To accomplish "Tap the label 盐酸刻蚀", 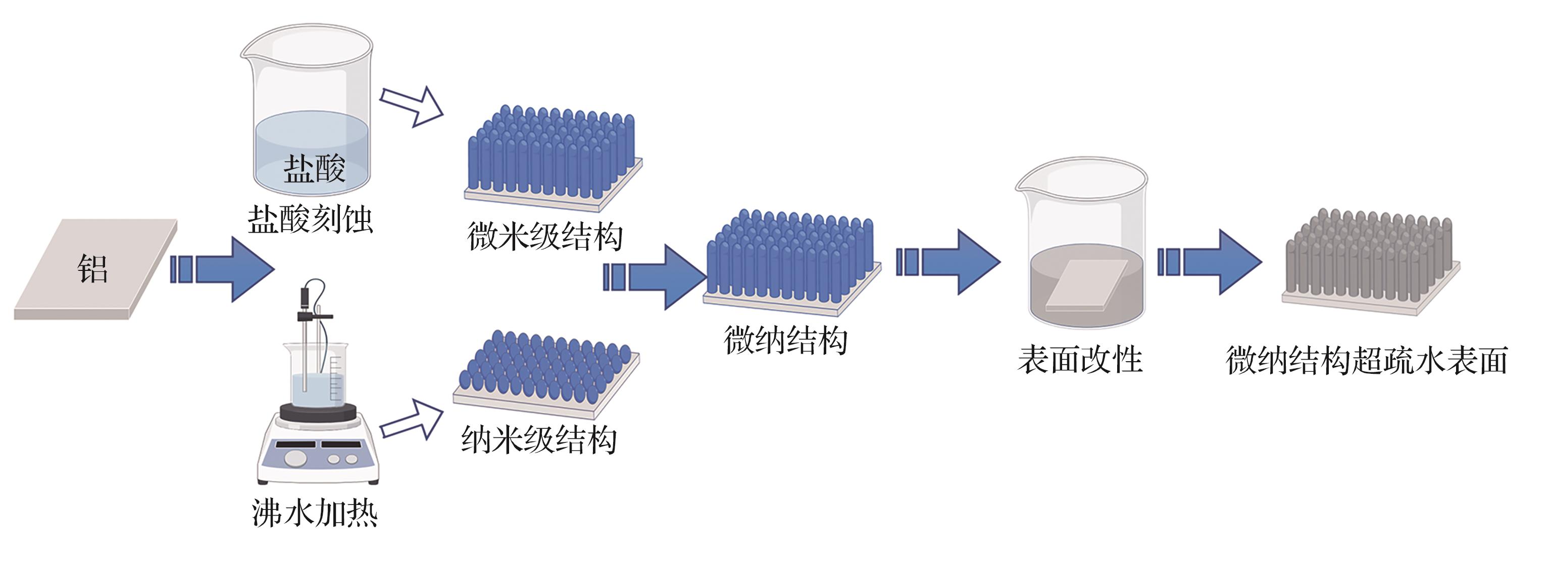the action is pos(310,219).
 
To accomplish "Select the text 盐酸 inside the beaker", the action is pos(314,168).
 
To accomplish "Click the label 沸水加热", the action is pos(314,513).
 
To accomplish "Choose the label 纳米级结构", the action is pos(539,440).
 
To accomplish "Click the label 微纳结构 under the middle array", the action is pos(786,340).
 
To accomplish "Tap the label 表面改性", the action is pos(1080,360).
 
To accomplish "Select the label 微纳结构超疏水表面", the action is pos(1367,360).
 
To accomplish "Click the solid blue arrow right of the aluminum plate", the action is pos(222,269).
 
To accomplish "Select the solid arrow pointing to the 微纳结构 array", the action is pos(655,277).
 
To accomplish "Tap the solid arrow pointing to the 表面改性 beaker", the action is pos(948,262).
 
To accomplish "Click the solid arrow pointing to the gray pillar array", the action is pos(1210,262).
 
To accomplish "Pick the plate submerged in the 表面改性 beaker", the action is pos(1087,285).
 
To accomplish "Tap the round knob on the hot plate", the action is pos(295,459).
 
